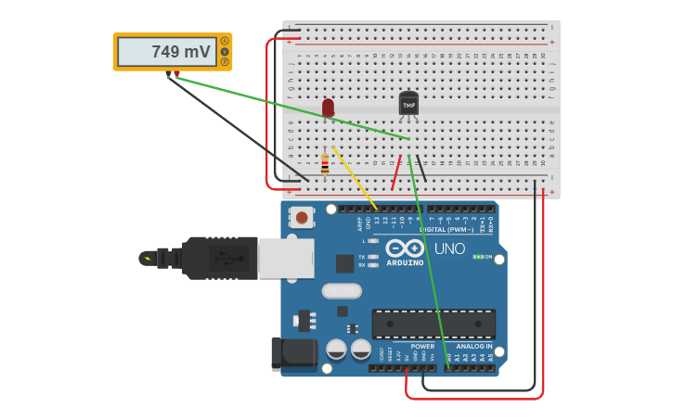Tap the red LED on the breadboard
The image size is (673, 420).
coord(328,108)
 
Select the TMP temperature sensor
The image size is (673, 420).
coord(408,104)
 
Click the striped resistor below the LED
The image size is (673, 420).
coord(324,164)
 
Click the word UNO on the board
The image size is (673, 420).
coord(449,248)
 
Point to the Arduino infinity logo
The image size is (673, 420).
coord(405,248)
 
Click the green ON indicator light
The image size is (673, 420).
coord(476,257)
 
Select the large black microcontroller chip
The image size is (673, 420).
coord(434,324)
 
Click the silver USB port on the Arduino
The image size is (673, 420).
coord(286,258)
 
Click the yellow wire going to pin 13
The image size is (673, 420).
coord(355,177)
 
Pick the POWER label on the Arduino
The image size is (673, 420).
coord(422,346)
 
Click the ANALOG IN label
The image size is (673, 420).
coord(475,346)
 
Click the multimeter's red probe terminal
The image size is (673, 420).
coord(176,74)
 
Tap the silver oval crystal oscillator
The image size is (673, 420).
coord(342,291)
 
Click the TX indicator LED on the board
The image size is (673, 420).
coord(373,256)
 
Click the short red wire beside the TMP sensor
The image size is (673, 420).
coord(396,172)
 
